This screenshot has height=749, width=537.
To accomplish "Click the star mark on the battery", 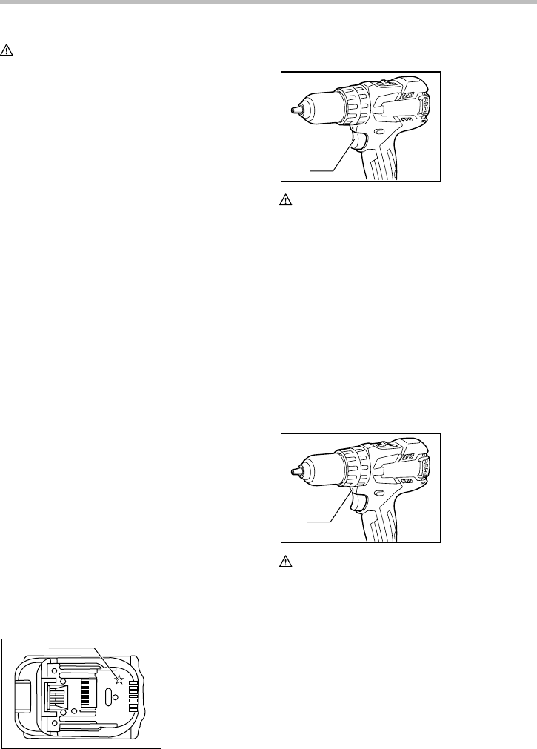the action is coord(118,675).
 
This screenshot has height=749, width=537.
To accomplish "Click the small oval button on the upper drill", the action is coord(379,131).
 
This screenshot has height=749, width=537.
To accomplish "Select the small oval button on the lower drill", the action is coord(379,493).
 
